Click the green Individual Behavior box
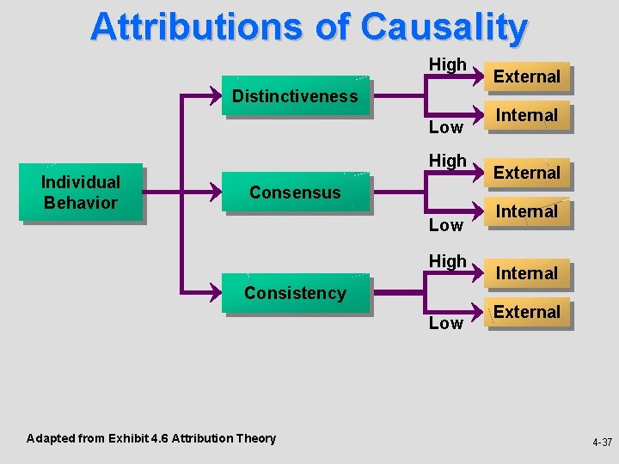click(81, 192)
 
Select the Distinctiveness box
click(295, 96)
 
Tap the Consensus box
click(295, 192)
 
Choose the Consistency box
click(295, 293)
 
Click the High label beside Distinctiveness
click(447, 64)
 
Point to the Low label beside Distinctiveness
click(445, 128)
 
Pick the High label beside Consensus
click(447, 161)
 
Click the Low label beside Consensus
click(445, 226)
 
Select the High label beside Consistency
click(447, 260)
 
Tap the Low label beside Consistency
click(445, 324)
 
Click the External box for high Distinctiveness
click(526, 76)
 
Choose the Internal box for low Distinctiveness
click(526, 115)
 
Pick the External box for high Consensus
click(526, 173)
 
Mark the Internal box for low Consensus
click(526, 211)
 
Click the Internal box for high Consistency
click(526, 273)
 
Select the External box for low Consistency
click(526, 312)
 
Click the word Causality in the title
click(444, 27)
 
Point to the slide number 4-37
click(601, 443)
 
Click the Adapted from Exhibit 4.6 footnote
click(151, 438)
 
